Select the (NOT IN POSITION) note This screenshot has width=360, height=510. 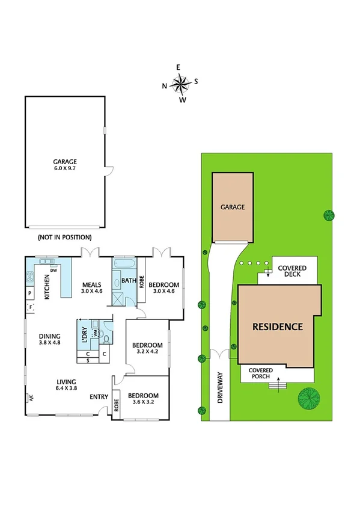tap(65, 237)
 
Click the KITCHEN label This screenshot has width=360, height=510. tap(46, 287)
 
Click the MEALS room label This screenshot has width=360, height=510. tap(92, 284)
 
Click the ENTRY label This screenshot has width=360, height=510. tap(99, 397)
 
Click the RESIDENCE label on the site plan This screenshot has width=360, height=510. tap(276, 327)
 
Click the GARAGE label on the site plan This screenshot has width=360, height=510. tap(232, 207)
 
